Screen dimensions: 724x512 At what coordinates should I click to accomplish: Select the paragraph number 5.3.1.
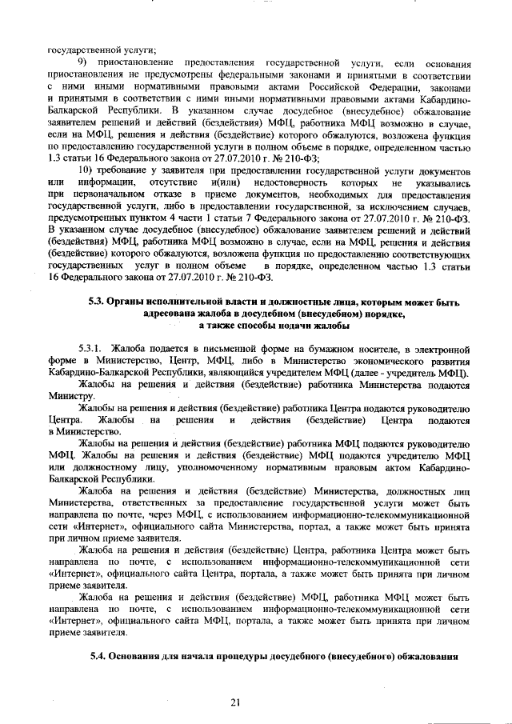coord(91,350)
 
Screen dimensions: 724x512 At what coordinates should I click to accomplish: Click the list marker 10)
coord(86,172)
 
